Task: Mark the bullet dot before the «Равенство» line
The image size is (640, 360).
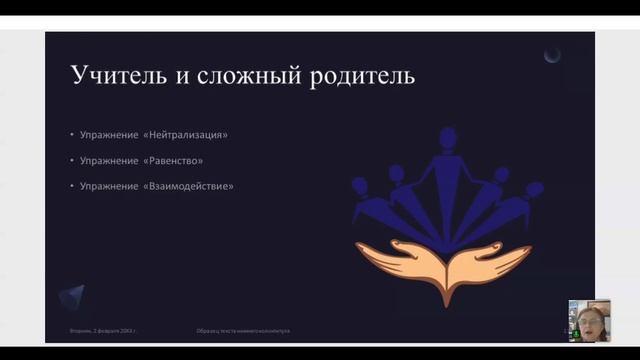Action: coord(72,160)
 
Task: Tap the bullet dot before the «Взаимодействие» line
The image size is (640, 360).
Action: coord(72,186)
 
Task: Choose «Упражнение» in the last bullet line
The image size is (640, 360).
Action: coord(110,186)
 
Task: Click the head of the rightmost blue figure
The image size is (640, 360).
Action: coord(534,187)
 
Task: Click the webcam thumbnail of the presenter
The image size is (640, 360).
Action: coord(589,320)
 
